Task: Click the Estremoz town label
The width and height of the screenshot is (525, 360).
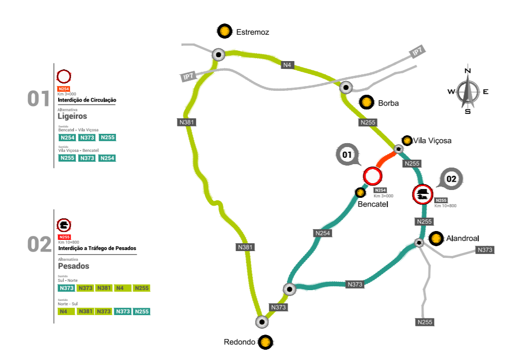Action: click(x=253, y=32)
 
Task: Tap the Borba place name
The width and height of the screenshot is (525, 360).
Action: click(x=388, y=104)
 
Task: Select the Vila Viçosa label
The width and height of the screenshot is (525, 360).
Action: click(x=432, y=141)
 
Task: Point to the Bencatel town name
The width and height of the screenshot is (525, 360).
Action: click(x=372, y=204)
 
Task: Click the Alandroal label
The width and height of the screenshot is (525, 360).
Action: click(x=462, y=238)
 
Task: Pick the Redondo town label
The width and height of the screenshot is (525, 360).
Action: click(x=240, y=342)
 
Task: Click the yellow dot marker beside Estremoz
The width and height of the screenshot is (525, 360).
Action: click(x=224, y=31)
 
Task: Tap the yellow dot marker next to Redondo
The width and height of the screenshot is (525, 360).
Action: click(x=265, y=342)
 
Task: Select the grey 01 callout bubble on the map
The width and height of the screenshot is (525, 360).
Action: click(x=347, y=155)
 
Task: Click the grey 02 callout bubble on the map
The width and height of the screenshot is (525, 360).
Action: click(x=451, y=179)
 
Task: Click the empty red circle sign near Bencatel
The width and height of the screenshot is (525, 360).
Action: click(x=372, y=176)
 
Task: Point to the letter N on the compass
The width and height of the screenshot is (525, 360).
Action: click(x=467, y=70)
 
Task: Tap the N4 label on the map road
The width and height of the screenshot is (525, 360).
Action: click(x=288, y=64)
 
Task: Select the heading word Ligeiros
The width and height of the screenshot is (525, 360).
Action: click(x=72, y=116)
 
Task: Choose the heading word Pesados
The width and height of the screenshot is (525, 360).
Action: click(x=73, y=266)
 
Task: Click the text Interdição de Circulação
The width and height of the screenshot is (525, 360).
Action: click(x=87, y=100)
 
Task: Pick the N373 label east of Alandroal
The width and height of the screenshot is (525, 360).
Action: click(x=485, y=250)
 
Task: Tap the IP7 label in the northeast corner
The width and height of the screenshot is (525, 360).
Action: click(x=417, y=52)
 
